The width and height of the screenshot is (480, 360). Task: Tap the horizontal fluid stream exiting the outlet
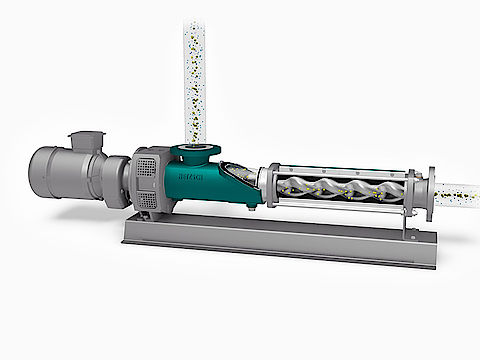[x=458, y=190]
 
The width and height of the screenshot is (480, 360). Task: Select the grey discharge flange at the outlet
[x=431, y=191]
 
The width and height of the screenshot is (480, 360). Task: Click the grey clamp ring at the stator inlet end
[x=268, y=186]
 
